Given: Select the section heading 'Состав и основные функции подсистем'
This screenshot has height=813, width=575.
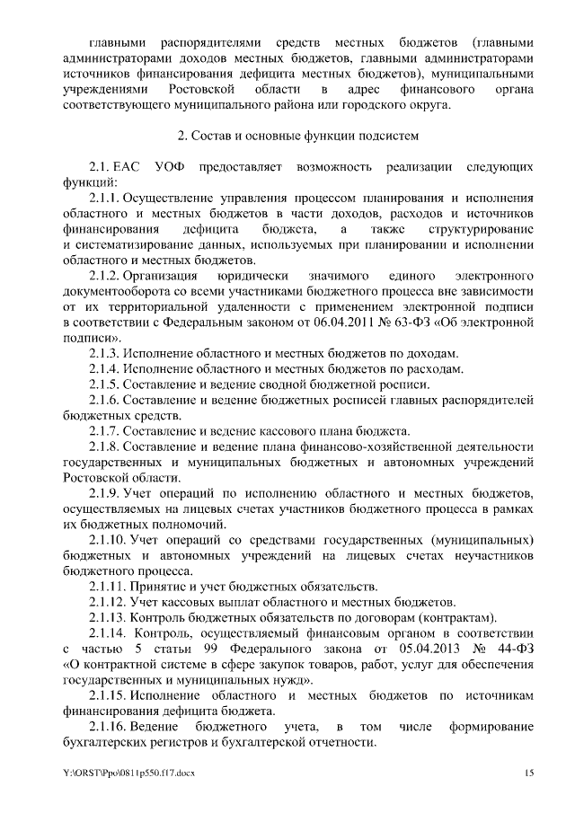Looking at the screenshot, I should pyautogui.click(x=294, y=136).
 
